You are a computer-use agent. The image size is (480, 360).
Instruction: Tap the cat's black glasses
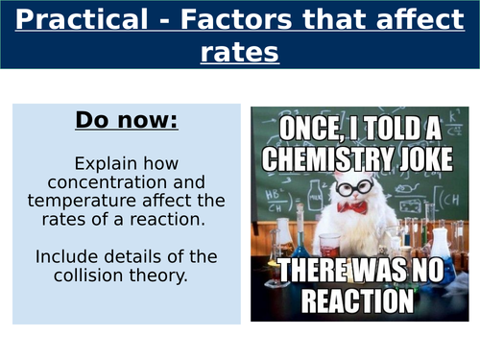[356, 183]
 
